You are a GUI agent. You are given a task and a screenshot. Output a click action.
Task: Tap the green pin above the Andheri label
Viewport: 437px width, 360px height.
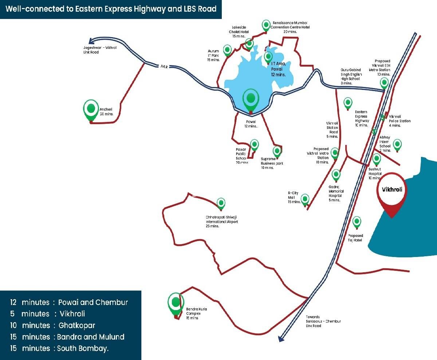tap(91, 109)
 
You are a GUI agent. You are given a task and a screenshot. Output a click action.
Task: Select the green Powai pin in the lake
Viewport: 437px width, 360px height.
tap(251, 98)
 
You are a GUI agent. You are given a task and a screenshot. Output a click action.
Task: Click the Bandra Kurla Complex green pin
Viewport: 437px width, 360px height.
tap(176, 303)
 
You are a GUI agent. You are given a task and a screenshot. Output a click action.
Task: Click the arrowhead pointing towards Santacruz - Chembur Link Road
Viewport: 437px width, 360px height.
tap(281, 338)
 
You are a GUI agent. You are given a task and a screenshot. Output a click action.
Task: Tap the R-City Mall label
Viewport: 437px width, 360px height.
tap(294, 197)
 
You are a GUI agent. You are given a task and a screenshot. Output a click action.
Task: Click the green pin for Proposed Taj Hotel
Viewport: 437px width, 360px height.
tap(357, 221)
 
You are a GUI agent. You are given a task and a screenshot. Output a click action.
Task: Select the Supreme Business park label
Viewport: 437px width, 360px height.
tap(272, 161)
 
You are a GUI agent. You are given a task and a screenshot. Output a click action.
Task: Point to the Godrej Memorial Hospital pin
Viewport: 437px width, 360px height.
tap(336, 174)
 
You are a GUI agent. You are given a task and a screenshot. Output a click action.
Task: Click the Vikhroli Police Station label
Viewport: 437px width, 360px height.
tap(399, 121)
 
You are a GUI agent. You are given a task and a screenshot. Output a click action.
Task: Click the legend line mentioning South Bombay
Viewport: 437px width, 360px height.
tap(60, 348)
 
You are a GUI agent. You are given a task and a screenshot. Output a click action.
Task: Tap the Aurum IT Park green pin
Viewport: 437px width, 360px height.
tap(227, 50)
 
